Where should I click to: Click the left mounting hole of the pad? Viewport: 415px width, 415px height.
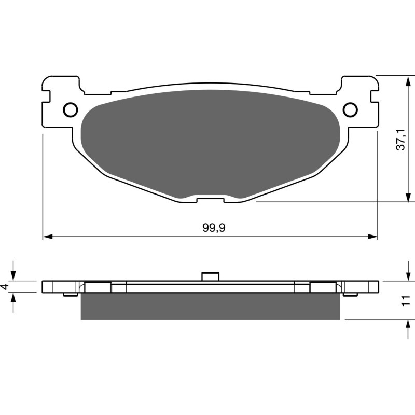click(70, 109)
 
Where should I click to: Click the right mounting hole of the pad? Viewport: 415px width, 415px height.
click(350, 109)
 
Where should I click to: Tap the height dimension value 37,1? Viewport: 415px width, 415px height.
click(400, 140)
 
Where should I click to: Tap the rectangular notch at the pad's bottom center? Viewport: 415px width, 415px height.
click(210, 199)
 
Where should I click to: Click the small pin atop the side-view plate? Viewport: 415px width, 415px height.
click(209, 276)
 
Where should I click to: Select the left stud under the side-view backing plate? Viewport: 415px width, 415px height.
click(67, 295)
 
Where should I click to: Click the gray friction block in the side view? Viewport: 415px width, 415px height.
click(210, 306)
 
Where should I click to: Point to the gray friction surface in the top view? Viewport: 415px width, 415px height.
click(210, 140)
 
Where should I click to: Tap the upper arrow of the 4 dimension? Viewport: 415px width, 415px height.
click(14, 275)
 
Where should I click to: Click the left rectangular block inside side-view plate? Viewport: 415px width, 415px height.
click(98, 287)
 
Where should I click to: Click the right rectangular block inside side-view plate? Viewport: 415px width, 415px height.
click(323, 287)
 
